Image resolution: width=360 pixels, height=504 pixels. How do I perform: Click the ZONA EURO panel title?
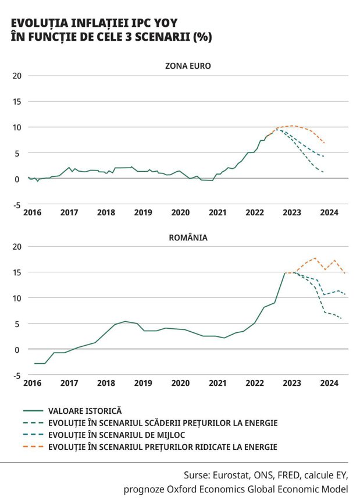pos(188,66)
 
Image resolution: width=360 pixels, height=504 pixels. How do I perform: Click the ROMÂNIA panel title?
pos(188,237)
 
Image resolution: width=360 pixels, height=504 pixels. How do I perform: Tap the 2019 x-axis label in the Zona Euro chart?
pos(143,212)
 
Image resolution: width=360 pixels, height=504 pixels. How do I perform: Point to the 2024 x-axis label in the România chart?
pos(329,383)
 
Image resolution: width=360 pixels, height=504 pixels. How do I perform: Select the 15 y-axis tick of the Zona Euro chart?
pos(17,102)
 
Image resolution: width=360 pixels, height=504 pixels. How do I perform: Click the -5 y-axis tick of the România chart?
pos(17,376)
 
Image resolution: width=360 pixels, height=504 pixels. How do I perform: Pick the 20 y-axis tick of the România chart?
pos(17,247)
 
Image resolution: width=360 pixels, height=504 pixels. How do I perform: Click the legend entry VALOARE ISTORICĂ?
pos(85,411)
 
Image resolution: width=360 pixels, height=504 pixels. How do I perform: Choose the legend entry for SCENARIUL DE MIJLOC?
pos(116,435)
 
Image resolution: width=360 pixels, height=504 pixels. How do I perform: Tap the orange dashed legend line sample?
pos(33,447)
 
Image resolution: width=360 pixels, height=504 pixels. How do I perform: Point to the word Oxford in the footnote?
pos(181,489)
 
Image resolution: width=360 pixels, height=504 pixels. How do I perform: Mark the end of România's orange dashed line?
pos(345,274)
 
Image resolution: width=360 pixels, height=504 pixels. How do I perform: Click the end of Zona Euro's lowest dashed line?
pos(323,172)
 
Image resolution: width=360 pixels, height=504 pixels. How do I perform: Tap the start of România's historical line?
pos(34,363)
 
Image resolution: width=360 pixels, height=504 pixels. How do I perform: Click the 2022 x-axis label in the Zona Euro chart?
pos(255,212)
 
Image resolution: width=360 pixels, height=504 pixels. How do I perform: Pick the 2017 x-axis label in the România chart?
pos(69,383)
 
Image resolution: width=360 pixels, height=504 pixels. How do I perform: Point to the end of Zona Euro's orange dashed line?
pos(325,143)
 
